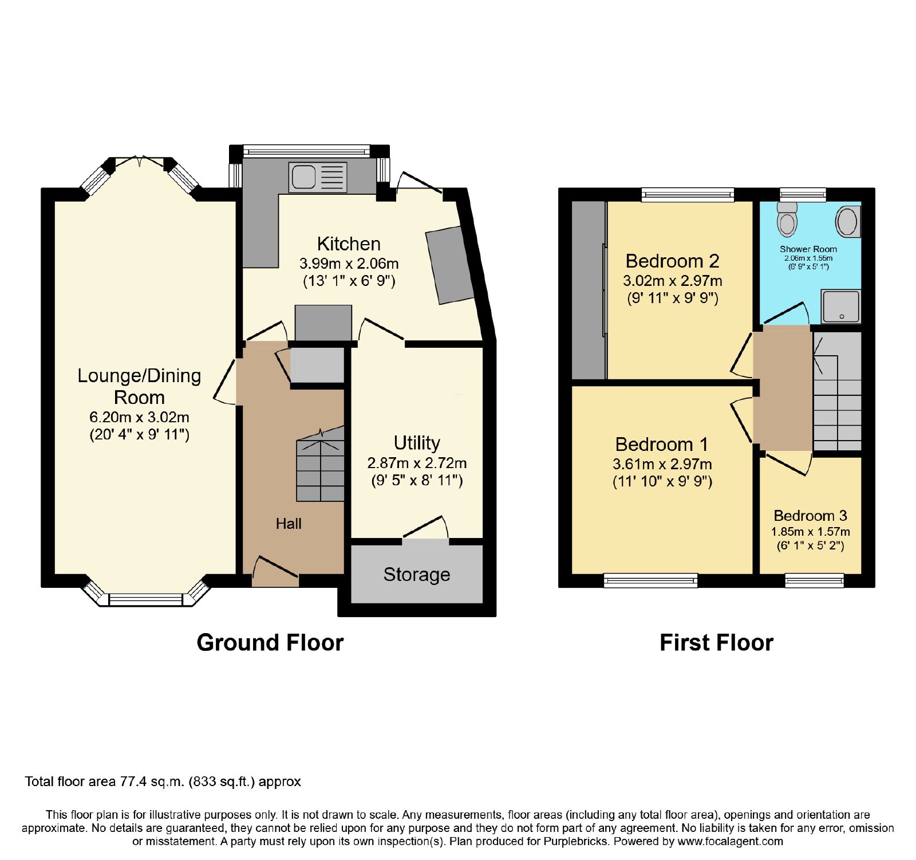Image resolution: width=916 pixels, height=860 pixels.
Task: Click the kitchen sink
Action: (x=318, y=176)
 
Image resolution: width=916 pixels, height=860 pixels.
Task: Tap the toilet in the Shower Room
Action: (x=787, y=218)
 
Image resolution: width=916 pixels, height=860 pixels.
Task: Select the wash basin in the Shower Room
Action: (x=847, y=222)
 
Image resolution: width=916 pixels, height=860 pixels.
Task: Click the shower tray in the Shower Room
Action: (x=840, y=307)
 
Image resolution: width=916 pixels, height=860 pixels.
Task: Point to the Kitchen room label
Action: (x=349, y=244)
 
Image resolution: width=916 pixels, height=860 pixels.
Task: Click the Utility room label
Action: (x=417, y=443)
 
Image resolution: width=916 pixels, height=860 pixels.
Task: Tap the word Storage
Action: (x=417, y=575)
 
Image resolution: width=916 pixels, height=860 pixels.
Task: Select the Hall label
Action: (x=289, y=524)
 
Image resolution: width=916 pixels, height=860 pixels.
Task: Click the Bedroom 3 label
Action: (x=810, y=516)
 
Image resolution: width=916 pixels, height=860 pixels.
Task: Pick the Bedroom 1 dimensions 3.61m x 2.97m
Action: (x=662, y=464)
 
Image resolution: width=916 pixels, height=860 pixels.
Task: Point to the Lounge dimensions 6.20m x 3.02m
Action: (x=139, y=417)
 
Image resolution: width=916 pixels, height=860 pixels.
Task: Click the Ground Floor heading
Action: (x=270, y=643)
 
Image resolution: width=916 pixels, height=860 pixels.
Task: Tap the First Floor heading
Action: (x=716, y=643)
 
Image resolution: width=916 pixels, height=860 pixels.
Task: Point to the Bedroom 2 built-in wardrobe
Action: (x=589, y=290)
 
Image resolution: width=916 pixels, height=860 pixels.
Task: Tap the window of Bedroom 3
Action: (x=814, y=580)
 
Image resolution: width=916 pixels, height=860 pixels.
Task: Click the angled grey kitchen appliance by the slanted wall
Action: (x=450, y=265)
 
